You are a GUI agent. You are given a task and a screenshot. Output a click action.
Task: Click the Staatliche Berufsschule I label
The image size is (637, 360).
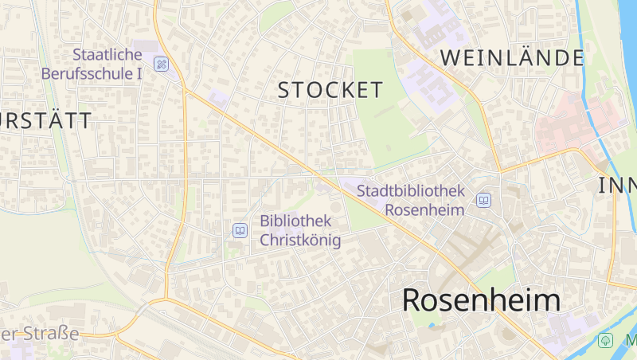107,64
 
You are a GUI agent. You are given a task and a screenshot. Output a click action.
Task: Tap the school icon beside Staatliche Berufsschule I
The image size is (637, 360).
162,64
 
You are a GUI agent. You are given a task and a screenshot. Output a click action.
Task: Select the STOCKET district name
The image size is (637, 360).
330,90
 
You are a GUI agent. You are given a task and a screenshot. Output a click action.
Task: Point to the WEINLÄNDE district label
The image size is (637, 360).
512,57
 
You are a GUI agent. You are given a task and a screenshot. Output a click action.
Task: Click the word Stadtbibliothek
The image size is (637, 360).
410,191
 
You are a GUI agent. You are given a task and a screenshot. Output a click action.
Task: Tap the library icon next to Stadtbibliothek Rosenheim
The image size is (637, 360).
483,200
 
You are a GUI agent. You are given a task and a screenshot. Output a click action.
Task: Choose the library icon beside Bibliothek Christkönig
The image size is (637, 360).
240,230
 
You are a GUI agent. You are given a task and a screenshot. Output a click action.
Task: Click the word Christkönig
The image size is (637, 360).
300,240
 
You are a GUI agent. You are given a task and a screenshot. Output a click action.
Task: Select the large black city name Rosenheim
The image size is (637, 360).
481,300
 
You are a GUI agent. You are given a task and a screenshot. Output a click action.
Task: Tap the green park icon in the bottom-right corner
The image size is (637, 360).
606,341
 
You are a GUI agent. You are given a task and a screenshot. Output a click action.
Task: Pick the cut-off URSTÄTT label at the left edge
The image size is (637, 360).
46,121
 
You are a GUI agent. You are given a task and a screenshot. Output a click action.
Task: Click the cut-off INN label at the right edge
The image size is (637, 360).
618,186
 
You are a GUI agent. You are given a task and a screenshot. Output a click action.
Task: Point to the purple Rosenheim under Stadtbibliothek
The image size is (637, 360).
424,209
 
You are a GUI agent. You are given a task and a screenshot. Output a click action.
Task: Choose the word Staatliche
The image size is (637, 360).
107,55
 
